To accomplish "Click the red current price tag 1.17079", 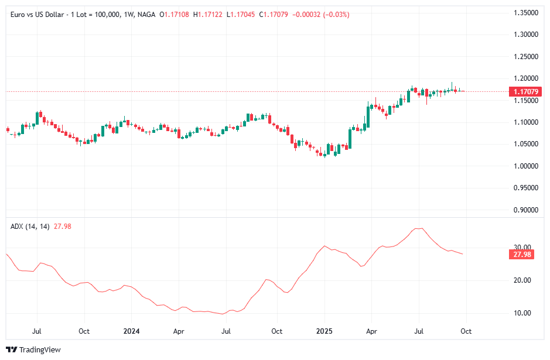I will (525, 92).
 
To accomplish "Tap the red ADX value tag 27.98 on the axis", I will (521, 255).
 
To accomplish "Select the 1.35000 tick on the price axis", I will (526, 13).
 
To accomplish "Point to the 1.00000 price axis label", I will (526, 166).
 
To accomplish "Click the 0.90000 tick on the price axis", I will (526, 210).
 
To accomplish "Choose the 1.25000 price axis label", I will (526, 57).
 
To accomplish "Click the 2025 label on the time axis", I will (324, 331).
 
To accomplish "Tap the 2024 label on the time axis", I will (131, 331).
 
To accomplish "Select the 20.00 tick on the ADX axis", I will (522, 280).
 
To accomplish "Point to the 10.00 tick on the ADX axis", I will (522, 313).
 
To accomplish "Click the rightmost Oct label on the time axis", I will (466, 331).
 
